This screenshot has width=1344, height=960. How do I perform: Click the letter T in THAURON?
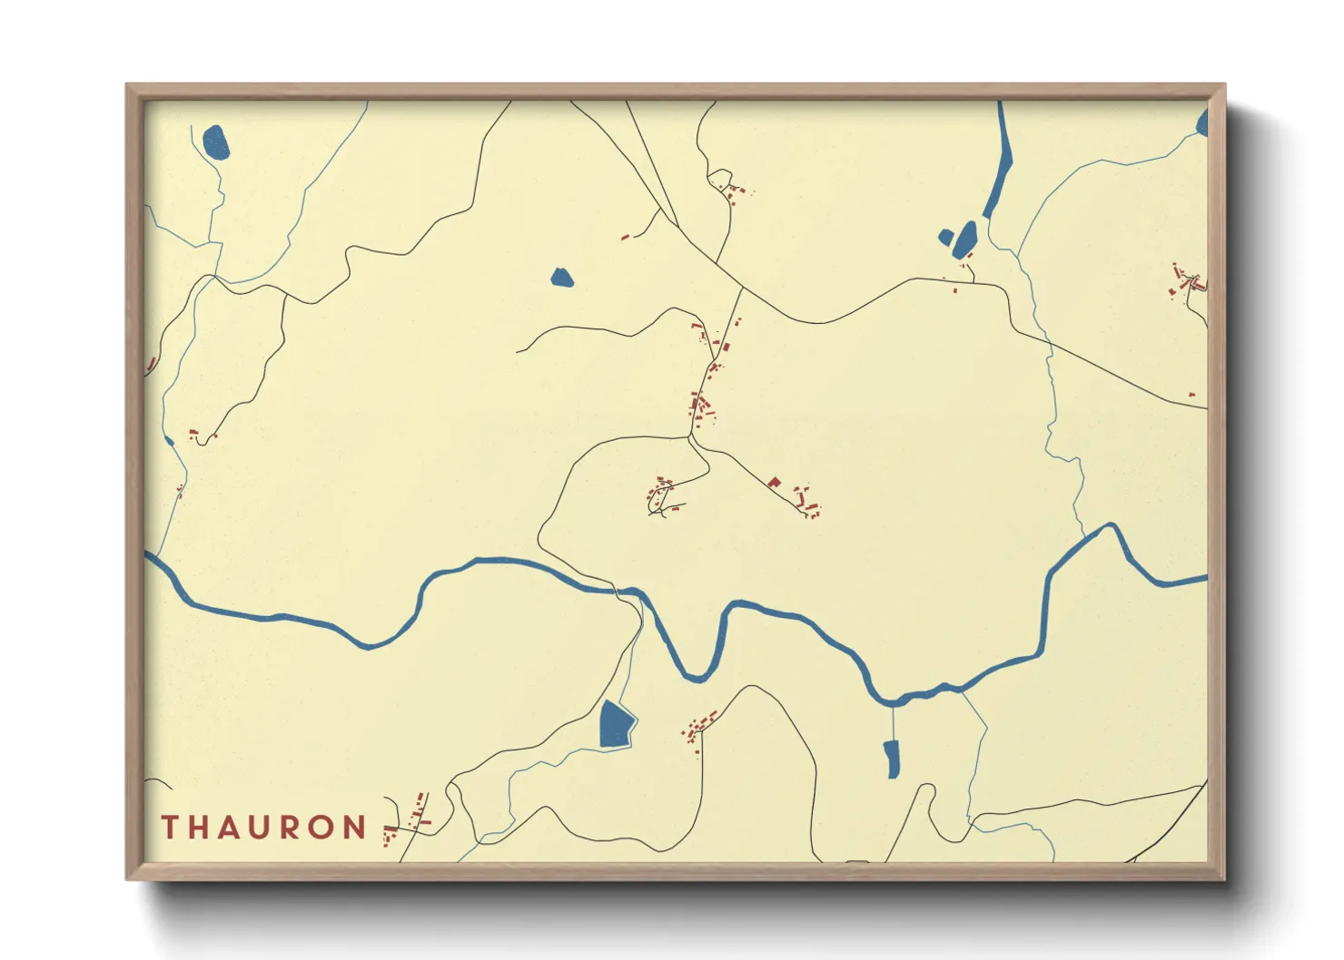click(x=170, y=828)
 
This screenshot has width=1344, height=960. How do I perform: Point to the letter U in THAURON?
click(x=261, y=828)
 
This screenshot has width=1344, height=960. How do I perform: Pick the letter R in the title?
click(x=292, y=828)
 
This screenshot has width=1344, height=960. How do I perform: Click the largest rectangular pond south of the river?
click(x=616, y=725)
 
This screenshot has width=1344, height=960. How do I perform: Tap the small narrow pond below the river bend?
click(x=892, y=759)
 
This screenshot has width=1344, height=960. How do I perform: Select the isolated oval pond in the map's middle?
click(x=561, y=277)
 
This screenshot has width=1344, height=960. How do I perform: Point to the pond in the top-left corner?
click(x=216, y=142)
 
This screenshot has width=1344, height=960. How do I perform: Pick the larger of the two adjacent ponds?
click(x=965, y=238)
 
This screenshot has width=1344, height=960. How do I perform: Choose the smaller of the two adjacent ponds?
click(x=945, y=238)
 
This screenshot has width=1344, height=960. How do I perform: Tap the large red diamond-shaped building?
click(x=774, y=483)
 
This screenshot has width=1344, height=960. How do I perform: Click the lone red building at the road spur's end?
click(x=625, y=238)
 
